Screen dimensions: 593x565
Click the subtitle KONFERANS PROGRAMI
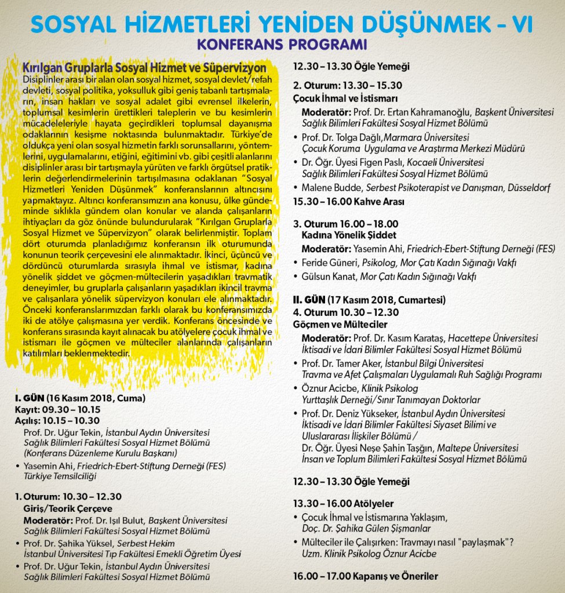(282, 45)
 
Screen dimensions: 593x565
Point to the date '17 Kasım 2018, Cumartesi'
(385, 300)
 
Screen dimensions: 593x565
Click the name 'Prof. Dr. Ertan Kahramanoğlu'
(421, 111)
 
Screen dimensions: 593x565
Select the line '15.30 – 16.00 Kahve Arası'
(348, 202)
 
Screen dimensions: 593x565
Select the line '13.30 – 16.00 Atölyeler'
(343, 503)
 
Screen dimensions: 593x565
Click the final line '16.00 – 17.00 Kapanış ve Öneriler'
(365, 576)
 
